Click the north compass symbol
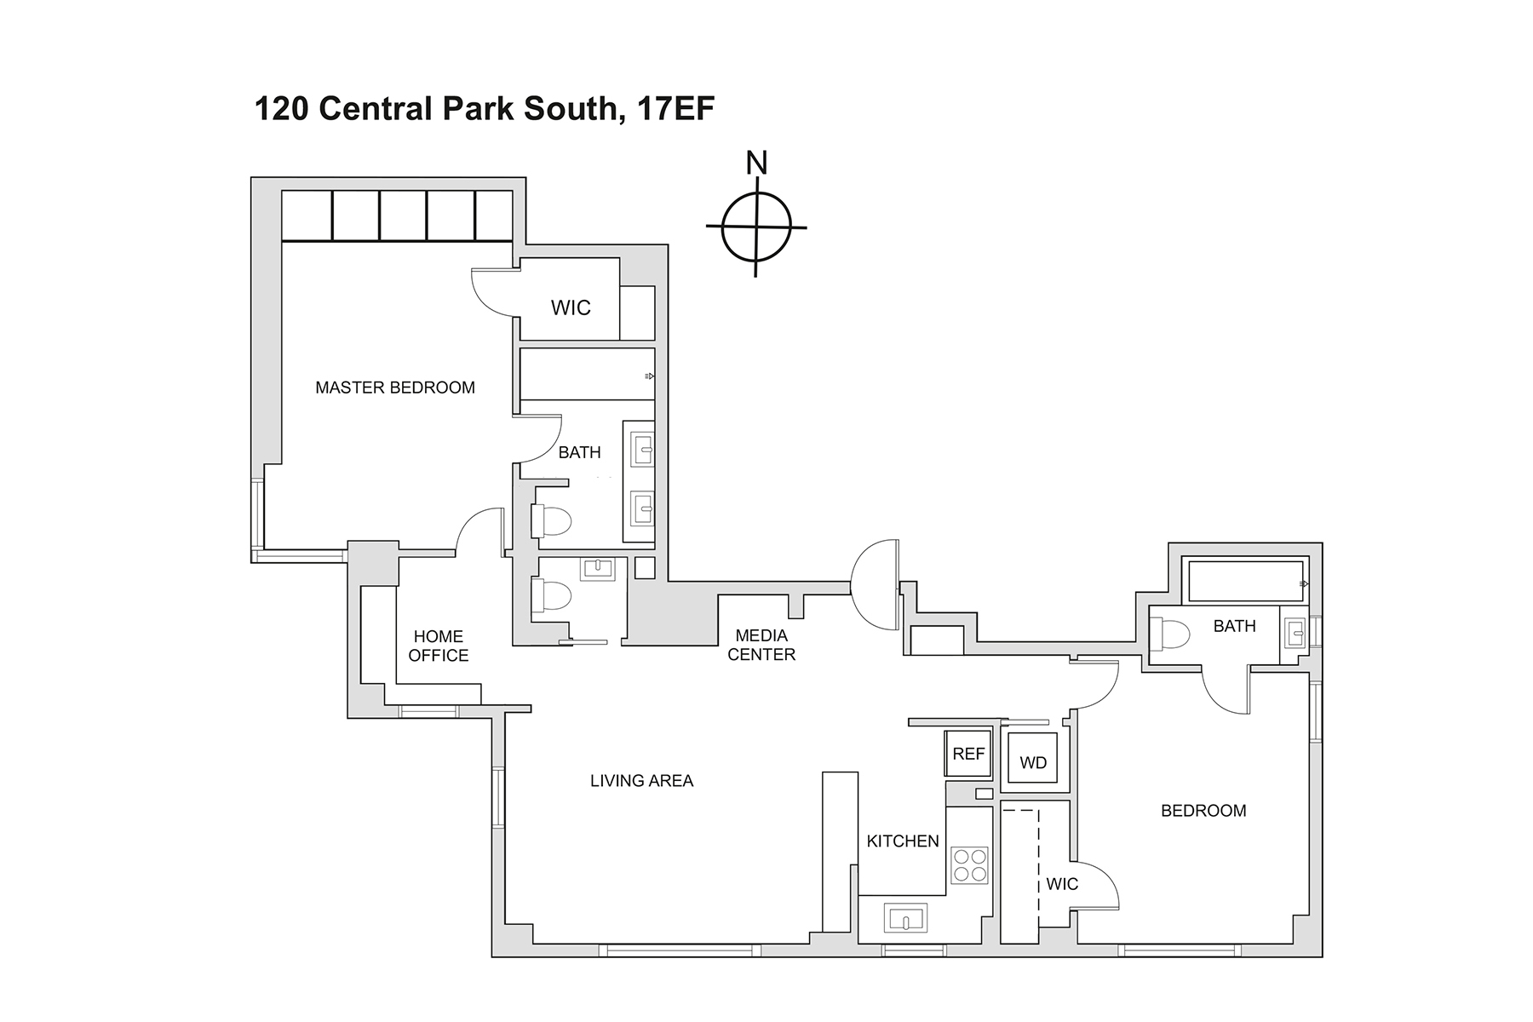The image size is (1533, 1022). click(756, 227)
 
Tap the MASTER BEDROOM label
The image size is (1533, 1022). click(395, 388)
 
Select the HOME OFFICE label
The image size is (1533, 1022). click(439, 646)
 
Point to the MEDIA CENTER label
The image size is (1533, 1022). click(761, 645)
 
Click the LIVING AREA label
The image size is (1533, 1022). click(641, 780)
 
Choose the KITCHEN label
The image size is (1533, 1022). click(903, 841)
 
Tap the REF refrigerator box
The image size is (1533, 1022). click(968, 754)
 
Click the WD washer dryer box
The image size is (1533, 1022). click(1033, 762)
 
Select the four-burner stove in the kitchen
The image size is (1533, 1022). click(969, 864)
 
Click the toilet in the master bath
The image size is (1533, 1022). click(551, 520)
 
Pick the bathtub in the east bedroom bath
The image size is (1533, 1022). click(1245, 582)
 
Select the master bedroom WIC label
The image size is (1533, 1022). click(571, 307)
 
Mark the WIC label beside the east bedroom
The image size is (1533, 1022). click(1062, 884)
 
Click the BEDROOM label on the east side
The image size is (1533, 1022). click(1203, 811)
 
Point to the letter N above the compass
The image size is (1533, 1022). click(756, 163)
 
